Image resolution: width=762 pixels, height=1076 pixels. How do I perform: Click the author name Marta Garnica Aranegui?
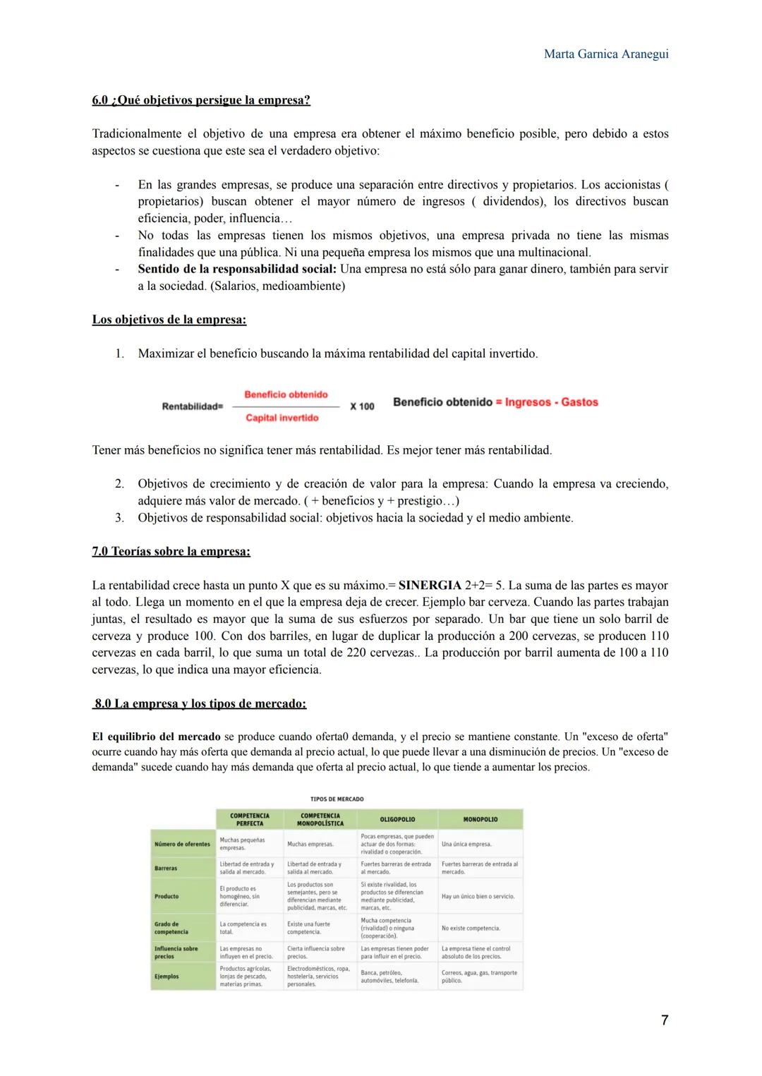click(606, 54)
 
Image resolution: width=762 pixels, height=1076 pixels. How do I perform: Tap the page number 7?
click(664, 1020)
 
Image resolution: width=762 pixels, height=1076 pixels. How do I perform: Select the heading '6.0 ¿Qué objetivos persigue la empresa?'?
click(201, 100)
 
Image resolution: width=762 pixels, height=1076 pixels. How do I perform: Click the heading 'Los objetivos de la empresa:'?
click(169, 320)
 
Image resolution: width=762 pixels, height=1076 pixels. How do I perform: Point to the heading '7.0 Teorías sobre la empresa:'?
click(171, 551)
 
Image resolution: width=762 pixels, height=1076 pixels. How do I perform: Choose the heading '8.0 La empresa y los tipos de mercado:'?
click(200, 703)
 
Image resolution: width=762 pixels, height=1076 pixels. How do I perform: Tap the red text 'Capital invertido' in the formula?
click(282, 418)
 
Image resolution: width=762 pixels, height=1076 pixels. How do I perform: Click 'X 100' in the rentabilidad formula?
click(362, 406)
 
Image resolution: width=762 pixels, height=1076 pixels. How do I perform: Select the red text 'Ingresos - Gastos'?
click(551, 402)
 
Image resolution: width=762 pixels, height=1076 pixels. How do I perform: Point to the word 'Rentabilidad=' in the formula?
click(192, 406)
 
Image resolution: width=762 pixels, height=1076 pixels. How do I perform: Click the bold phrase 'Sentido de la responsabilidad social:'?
click(238, 269)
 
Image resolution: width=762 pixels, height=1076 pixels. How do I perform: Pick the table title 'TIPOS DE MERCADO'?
click(337, 799)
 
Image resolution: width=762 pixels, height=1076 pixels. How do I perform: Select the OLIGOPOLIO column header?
click(397, 819)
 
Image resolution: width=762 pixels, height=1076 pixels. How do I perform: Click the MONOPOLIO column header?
click(480, 819)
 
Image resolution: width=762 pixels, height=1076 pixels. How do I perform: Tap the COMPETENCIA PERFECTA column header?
click(250, 819)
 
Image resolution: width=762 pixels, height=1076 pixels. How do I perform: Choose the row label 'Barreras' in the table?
click(166, 868)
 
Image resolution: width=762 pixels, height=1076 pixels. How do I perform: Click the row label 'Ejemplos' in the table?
click(167, 977)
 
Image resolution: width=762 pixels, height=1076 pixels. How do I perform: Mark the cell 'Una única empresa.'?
click(466, 844)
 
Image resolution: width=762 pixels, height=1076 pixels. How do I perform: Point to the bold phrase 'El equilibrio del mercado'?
click(156, 737)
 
